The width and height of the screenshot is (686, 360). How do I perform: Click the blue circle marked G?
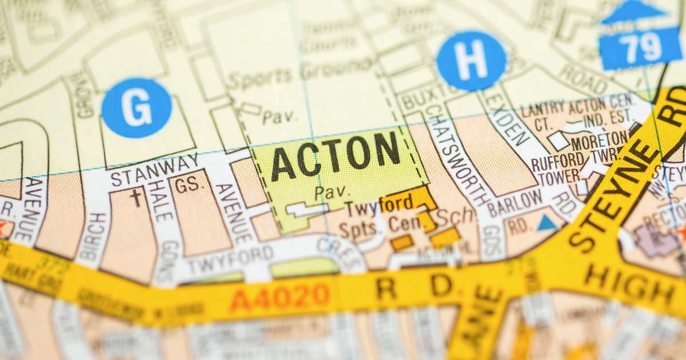(x=137, y=108)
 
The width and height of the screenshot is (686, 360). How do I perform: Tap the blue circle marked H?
(x=471, y=61)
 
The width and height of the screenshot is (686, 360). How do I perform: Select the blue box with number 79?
(x=640, y=49)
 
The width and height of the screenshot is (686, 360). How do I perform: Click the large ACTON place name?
(x=336, y=156)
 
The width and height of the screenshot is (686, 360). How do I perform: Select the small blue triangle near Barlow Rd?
(x=547, y=223)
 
